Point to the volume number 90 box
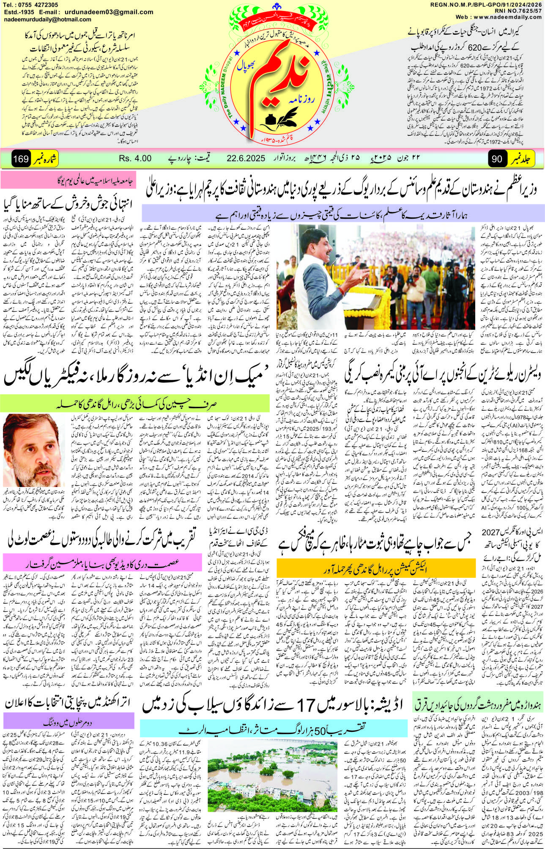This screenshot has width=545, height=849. click(x=498, y=159)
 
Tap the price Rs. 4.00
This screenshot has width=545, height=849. click(x=135, y=158)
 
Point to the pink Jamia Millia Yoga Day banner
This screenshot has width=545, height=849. click(x=68, y=181)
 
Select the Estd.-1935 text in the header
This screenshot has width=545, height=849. click(x=19, y=12)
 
